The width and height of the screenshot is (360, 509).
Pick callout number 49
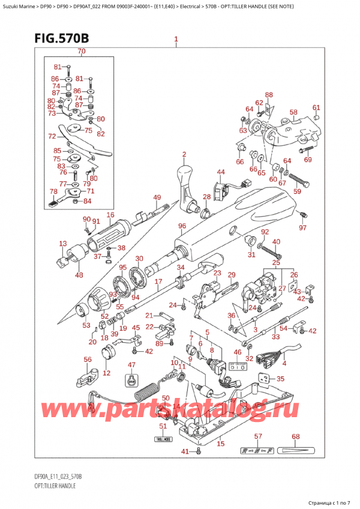pyautogui.click(x=157, y=198)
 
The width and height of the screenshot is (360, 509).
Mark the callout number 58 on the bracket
pyautogui.click(x=293, y=112)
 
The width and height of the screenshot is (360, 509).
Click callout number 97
pyautogui.click(x=302, y=227)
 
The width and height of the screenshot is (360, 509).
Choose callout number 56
pyautogui.click(x=88, y=360)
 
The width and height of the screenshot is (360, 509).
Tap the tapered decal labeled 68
pyautogui.click(x=296, y=451)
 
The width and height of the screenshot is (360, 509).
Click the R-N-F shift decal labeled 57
pyautogui.click(x=257, y=451)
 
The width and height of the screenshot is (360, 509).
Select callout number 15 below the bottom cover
pyautogui.click(x=220, y=444)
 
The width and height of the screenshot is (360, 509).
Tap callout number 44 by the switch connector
pyautogui.click(x=221, y=172)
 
